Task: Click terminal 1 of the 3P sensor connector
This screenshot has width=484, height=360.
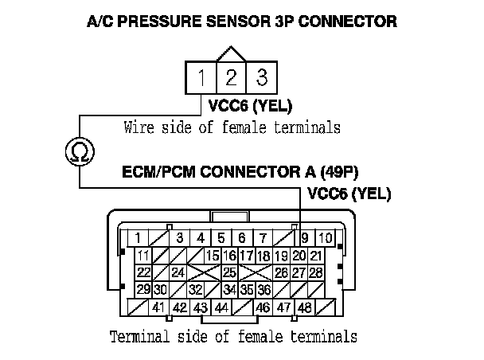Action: [x=203, y=78]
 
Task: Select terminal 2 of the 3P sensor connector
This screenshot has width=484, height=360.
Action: [x=231, y=78]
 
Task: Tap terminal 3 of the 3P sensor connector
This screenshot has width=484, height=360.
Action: [x=259, y=78]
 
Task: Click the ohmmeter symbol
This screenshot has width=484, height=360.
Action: [x=79, y=150]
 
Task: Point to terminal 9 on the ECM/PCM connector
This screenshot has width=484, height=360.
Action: [x=306, y=237]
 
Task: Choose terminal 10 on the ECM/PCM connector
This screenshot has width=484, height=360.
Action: [x=326, y=237]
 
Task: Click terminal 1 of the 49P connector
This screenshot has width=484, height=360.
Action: [x=139, y=237]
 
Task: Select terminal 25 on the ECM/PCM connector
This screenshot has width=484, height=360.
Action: [x=229, y=272]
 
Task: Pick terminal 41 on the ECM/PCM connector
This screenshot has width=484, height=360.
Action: [x=158, y=307]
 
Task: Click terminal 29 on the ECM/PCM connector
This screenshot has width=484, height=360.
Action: [x=144, y=289]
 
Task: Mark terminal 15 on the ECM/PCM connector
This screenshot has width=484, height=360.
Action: [x=213, y=256]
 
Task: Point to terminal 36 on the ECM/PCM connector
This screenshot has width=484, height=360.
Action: [x=264, y=289]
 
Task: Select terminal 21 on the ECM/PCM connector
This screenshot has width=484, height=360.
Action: [x=315, y=256]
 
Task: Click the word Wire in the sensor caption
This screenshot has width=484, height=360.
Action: [x=139, y=127]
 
